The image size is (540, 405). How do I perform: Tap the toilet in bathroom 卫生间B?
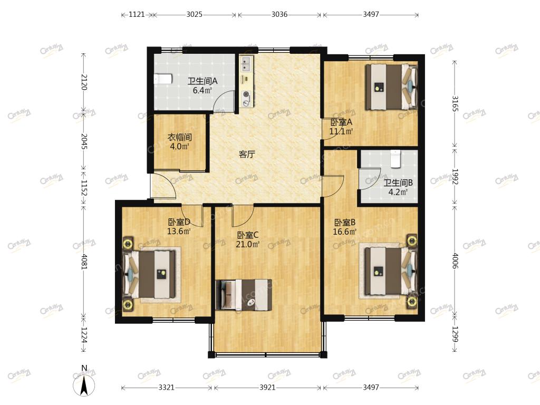pos(396,159)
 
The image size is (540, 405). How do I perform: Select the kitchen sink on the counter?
pos(247,64)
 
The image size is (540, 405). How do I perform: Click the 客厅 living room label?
pos(247,155)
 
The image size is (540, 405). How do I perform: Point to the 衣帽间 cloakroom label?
pos(179,137)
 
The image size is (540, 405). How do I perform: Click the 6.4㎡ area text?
pos(202,91)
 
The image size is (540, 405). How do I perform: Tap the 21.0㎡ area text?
pos(248,245)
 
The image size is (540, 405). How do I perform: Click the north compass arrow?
pos(84,385)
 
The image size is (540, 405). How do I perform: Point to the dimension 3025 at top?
pos(195,14)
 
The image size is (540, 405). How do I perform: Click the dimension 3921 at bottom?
pos(267,388)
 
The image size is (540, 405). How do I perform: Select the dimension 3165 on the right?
pos(455,103)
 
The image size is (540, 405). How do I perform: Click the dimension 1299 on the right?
pos(455,334)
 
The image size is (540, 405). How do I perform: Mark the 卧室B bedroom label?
pos(344,223)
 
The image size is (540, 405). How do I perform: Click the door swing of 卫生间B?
pos(370,179)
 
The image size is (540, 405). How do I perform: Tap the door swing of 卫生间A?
pos(223,102)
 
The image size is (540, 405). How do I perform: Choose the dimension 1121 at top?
pos(137,14)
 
